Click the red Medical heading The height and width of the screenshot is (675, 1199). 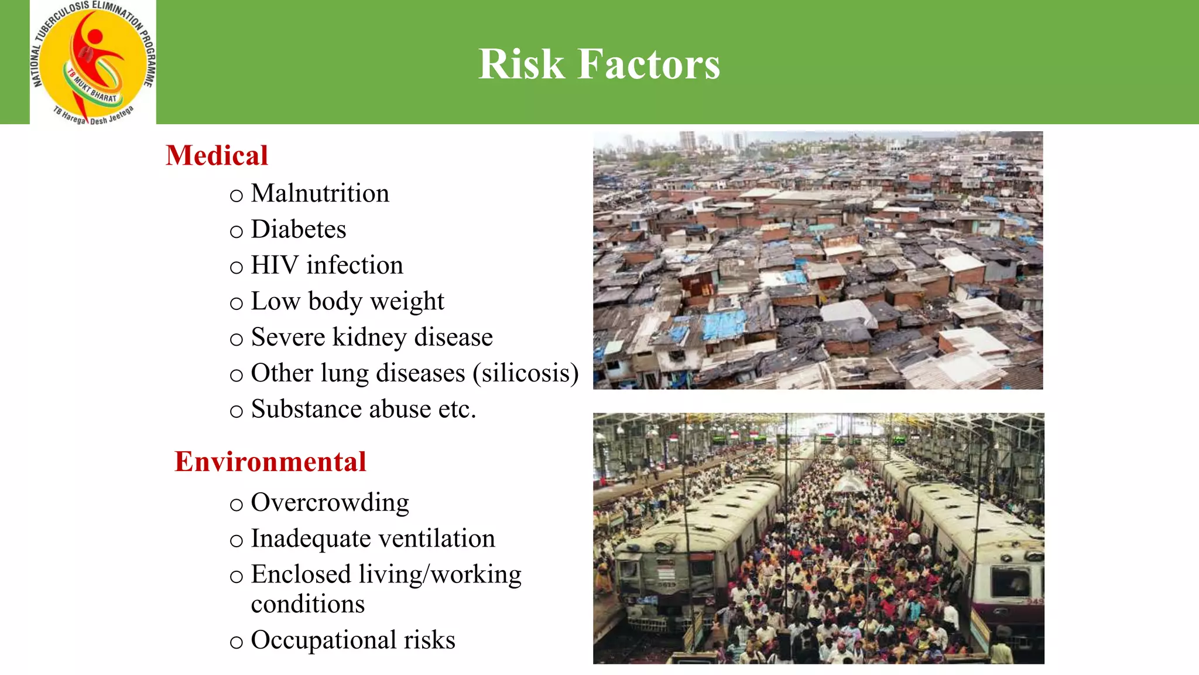(217, 156)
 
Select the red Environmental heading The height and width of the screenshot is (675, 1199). (270, 462)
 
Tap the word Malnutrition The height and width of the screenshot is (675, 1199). (320, 193)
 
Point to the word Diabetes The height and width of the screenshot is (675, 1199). (298, 229)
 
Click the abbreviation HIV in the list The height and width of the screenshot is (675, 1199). (275, 265)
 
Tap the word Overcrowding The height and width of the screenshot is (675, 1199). (330, 503)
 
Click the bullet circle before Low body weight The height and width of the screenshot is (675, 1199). (236, 304)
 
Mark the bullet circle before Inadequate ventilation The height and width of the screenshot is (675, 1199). (236, 541)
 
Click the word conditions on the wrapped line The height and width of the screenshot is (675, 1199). (307, 604)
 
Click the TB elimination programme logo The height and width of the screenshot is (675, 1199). (93, 62)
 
